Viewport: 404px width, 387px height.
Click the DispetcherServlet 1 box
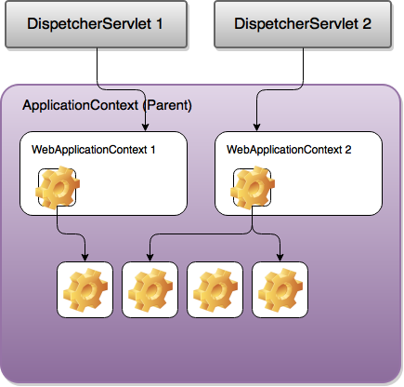click(x=96, y=24)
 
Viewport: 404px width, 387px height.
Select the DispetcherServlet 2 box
click(x=303, y=24)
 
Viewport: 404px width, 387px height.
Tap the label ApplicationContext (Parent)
click(x=107, y=105)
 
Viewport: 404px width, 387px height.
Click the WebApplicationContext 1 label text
click(x=93, y=150)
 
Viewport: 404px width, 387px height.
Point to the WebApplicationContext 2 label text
click(x=289, y=150)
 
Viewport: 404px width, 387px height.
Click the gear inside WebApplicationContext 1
click(x=58, y=187)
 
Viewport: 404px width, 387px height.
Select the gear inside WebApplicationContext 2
click(x=253, y=187)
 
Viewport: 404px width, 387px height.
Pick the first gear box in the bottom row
click(x=85, y=289)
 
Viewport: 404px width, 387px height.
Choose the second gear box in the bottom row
click(x=150, y=289)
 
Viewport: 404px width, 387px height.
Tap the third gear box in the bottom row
click(x=215, y=289)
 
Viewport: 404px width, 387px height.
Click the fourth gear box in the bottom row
click(x=280, y=289)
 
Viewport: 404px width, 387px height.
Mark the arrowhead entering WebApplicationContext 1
click(x=145, y=127)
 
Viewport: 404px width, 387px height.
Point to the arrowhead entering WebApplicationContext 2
click(x=256, y=127)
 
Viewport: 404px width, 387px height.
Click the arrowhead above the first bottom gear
click(x=85, y=257)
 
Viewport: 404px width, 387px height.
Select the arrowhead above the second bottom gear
click(x=150, y=257)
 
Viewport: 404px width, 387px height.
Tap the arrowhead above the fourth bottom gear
click(x=280, y=257)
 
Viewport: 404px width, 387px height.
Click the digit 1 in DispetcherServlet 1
click(x=159, y=24)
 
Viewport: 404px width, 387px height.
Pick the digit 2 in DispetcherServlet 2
click(x=367, y=24)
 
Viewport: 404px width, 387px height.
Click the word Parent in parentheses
click(x=167, y=105)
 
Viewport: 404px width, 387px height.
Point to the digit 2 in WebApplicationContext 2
click(x=348, y=150)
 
